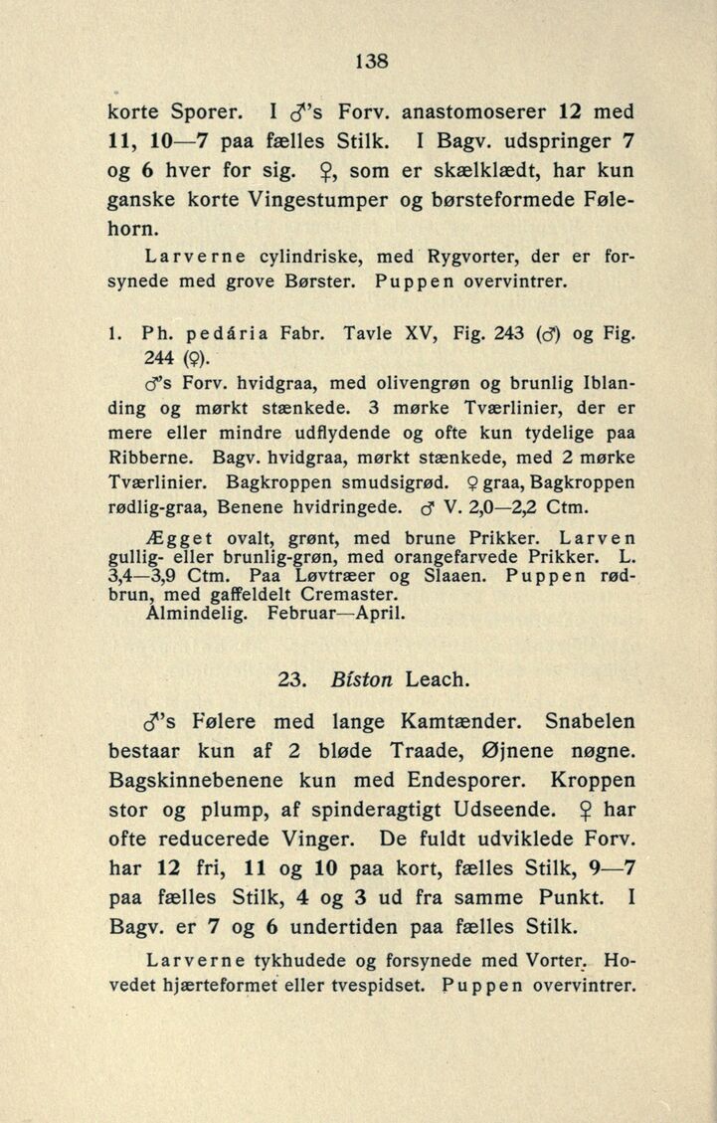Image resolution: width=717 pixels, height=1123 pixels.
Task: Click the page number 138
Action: point(370,59)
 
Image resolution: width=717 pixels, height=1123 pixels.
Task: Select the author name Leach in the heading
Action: point(439,681)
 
